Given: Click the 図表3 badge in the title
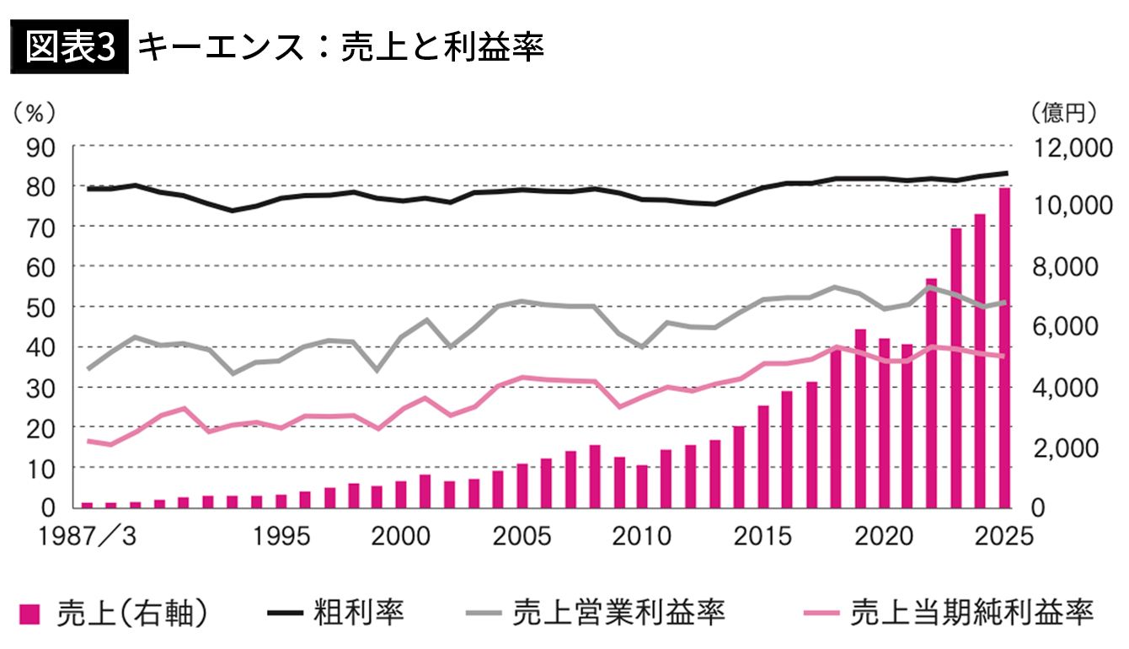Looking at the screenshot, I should click(69, 49).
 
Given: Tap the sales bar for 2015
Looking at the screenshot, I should click(763, 456).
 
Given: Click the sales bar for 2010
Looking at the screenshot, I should click(642, 486).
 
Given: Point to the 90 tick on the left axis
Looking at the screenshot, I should click(45, 147).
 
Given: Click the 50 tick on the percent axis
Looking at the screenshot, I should click(45, 307).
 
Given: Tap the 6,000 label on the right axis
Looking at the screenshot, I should click(1062, 327).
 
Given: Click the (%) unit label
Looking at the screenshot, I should click(35, 110).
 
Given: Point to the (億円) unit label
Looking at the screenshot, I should click(1063, 110).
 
